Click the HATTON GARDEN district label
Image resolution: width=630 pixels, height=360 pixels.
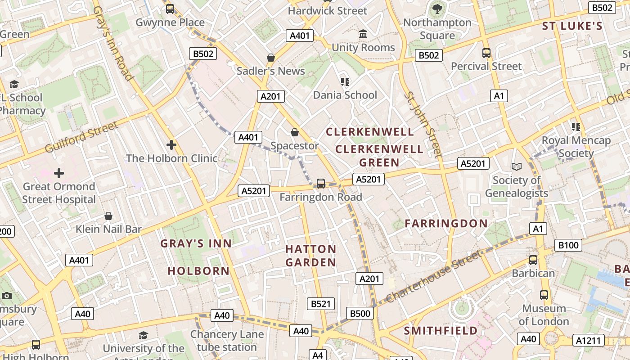coord(310,256)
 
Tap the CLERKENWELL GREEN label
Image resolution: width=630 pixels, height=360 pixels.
coord(379,156)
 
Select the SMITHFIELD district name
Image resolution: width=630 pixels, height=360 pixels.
coord(441,331)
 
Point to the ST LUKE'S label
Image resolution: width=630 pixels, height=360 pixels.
coord(572,26)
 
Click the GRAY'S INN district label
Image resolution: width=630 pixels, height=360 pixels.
coord(196,243)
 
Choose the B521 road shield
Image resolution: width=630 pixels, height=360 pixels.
coord(321,304)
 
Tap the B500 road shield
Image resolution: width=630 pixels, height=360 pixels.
coord(360,314)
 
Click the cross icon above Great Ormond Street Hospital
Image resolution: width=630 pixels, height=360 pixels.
coord(59,173)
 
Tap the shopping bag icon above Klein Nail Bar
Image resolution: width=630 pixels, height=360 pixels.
coord(108,216)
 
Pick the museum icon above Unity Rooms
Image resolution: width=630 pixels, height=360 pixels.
coord(363,34)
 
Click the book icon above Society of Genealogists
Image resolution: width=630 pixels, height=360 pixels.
coord(516,166)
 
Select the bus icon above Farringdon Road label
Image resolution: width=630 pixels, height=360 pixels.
coord(320,183)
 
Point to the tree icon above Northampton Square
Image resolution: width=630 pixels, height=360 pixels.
coord(437,9)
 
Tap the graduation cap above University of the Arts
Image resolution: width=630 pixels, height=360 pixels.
coord(143,335)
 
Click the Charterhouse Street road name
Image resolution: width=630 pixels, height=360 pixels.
coord(433,276)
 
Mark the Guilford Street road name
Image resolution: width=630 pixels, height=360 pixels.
coord(81,136)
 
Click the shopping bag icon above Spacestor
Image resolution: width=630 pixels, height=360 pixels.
coord(294,132)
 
